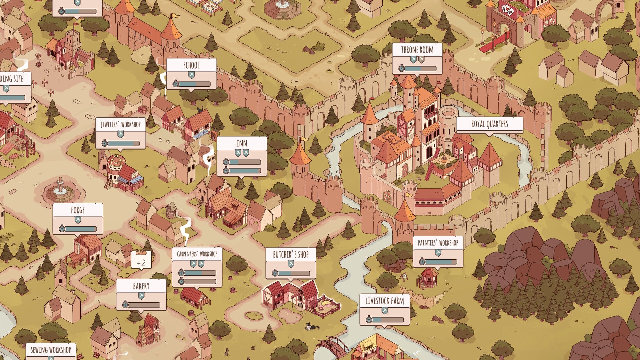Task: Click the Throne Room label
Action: tap(417, 50)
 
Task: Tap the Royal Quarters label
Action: tap(489, 124)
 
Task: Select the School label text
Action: tap(191, 65)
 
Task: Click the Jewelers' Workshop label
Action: tap(120, 125)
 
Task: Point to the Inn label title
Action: tap(242, 144)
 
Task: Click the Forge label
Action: tap(78, 210)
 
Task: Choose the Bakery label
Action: tap(141, 286)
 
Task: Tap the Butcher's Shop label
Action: tap(291, 255)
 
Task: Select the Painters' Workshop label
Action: tap(438, 243)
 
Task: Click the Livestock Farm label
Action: tap(384, 301)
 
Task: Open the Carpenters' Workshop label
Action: tap(197, 254)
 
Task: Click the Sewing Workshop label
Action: tap(51, 350)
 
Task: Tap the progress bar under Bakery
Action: tap(144, 305)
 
